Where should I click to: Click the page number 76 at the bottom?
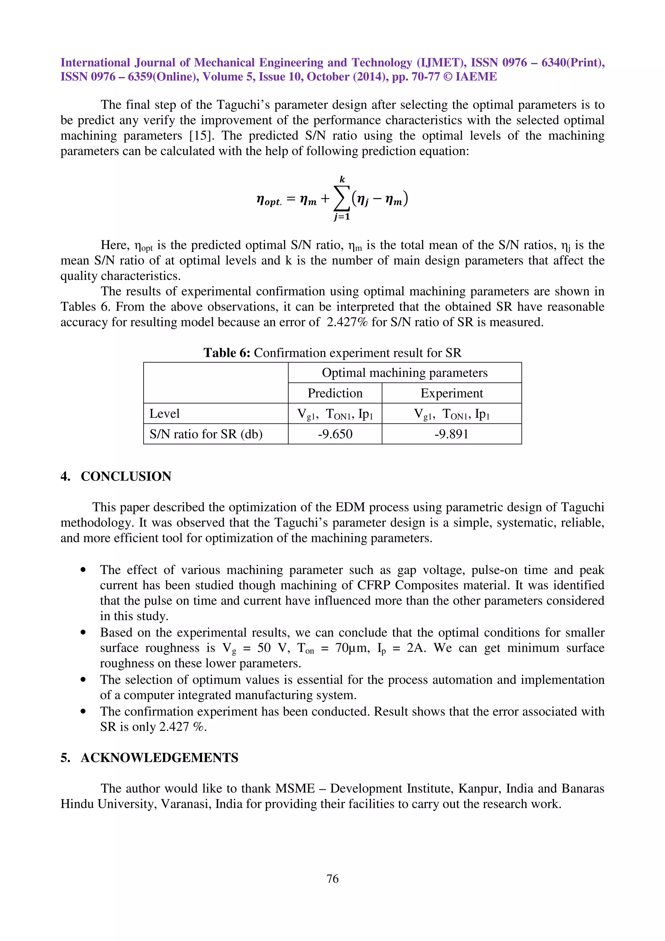pos(332,878)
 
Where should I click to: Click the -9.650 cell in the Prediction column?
pos(335,433)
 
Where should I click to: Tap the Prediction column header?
pos(335,393)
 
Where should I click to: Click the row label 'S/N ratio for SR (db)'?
pos(206,433)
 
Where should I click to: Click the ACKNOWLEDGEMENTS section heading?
pos(159,758)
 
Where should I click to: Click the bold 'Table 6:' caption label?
pos(227,352)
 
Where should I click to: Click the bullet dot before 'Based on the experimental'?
pos(83,633)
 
